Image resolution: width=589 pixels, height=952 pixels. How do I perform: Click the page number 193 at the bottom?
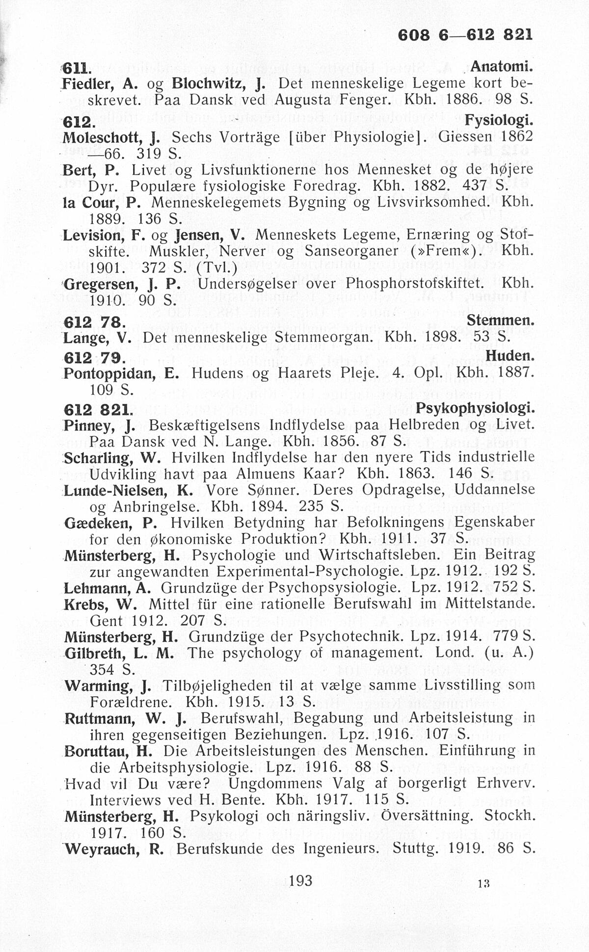point(300,880)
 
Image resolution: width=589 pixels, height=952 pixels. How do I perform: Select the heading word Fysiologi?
point(499,119)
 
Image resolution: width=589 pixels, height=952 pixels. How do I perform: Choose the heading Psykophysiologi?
point(474,408)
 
